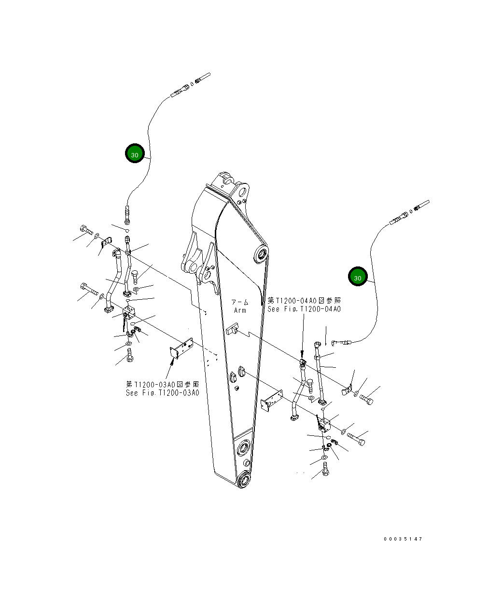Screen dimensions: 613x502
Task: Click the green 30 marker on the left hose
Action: tap(135, 154)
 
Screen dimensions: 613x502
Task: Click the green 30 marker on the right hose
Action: tap(358, 277)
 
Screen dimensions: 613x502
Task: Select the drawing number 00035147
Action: tap(403, 539)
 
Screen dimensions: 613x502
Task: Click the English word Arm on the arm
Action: tap(240, 310)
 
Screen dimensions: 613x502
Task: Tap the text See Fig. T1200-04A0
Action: tap(304, 309)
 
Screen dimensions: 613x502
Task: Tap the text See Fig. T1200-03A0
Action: tap(162, 392)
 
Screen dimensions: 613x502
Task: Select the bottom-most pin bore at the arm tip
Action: tap(244, 481)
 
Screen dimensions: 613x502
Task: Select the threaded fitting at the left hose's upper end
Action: tap(180, 91)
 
